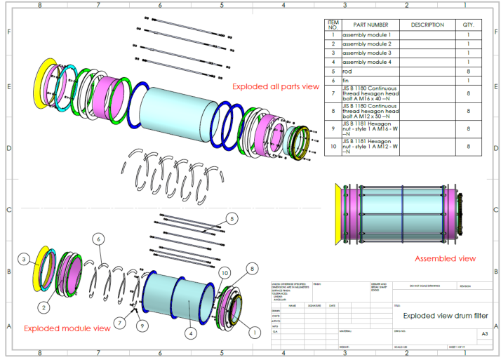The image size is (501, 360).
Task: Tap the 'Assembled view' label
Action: [445, 258]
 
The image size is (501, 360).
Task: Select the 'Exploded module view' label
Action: [67, 328]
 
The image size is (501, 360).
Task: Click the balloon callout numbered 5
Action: [231, 218]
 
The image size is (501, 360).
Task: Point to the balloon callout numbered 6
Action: [99, 239]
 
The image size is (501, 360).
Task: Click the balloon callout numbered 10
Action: [225, 272]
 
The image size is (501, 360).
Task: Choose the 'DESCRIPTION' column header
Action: [427, 25]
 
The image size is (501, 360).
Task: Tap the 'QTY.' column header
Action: [468, 25]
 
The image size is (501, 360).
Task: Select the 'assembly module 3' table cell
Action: [366, 53]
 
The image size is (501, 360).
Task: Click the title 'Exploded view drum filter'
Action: [445, 316]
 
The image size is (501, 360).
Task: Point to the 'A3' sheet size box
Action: [483, 334]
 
